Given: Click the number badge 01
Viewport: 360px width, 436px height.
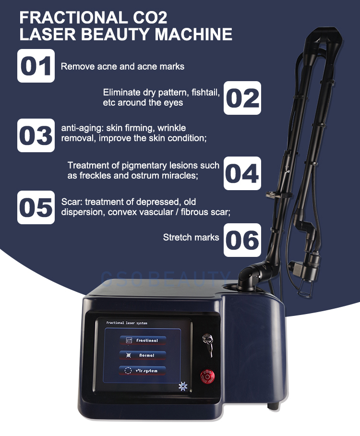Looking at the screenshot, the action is tap(36, 66).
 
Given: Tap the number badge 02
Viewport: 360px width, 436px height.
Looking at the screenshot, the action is tap(242, 98).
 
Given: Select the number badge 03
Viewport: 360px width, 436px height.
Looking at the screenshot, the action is tap(36, 135).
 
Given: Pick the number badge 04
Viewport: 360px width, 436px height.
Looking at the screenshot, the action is tap(242, 173).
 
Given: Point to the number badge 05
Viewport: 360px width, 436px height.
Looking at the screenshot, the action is tap(36, 207).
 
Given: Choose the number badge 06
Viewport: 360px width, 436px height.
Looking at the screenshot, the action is tap(242, 240).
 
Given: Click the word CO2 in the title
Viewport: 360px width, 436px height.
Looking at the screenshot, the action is tap(150, 17).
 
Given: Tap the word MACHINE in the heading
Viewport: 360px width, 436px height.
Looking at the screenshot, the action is tap(193, 34).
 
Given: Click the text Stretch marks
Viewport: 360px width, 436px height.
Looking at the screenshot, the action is tap(191, 238).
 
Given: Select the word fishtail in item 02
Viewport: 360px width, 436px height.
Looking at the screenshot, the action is tap(205, 92).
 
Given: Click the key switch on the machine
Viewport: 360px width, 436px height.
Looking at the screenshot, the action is tap(208, 345).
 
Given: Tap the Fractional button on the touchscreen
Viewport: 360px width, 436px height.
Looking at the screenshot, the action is tap(143, 340).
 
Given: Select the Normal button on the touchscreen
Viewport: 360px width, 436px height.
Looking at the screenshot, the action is tap(143, 355).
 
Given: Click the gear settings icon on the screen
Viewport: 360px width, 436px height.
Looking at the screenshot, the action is tap(183, 386).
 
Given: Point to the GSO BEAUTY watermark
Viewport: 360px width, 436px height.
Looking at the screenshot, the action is tap(166, 279).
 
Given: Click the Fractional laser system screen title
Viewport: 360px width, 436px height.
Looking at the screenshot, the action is tap(127, 323).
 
